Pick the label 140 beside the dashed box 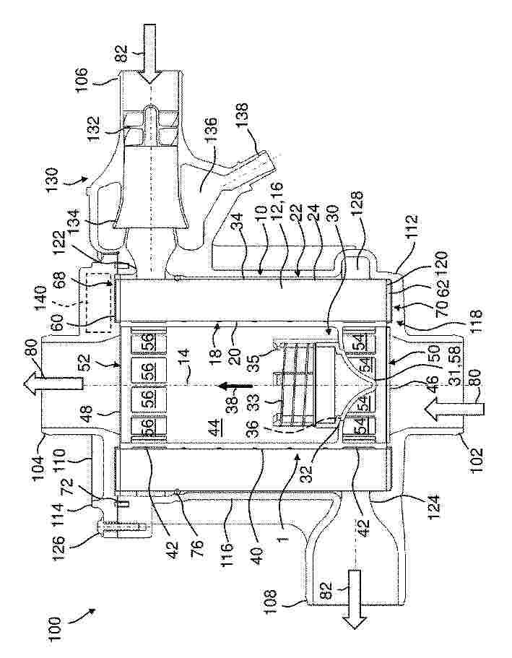(40, 298)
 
